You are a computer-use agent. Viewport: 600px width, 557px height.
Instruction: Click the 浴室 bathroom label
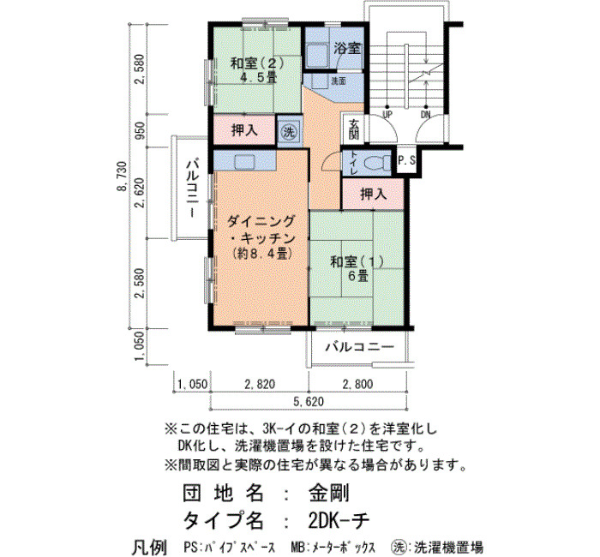click(x=347, y=48)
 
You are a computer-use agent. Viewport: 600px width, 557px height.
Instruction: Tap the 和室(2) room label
click(x=257, y=63)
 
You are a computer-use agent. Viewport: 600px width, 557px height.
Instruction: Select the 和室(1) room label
click(x=357, y=262)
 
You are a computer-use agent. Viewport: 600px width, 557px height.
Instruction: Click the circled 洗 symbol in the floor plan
click(x=289, y=132)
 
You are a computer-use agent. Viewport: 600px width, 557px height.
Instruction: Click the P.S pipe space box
click(x=406, y=161)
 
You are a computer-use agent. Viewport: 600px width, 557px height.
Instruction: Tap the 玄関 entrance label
click(x=354, y=129)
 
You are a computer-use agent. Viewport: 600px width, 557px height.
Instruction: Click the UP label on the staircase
click(x=387, y=114)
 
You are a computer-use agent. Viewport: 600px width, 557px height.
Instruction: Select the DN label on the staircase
click(x=425, y=114)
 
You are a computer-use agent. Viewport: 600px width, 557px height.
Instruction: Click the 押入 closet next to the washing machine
click(x=244, y=130)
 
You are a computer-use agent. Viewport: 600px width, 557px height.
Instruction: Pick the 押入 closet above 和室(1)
click(x=373, y=195)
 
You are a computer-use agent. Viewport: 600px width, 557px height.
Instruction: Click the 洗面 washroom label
click(x=339, y=81)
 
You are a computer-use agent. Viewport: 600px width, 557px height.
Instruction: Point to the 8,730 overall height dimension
click(x=123, y=177)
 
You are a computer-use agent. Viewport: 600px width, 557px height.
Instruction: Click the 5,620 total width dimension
click(x=309, y=402)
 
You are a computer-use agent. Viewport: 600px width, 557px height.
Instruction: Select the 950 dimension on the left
click(x=141, y=130)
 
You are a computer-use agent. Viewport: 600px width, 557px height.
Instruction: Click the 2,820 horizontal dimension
click(x=260, y=384)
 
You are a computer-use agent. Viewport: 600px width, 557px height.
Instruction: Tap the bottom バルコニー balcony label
click(x=360, y=347)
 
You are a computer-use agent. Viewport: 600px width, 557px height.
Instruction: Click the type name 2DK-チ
click(x=339, y=520)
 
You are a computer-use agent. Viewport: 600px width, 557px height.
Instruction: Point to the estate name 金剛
click(x=329, y=493)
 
